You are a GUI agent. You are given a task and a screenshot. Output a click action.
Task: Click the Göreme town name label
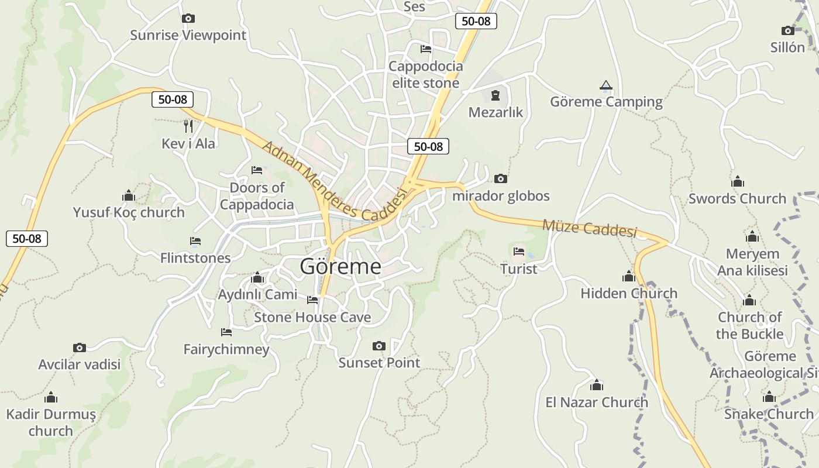click(x=340, y=267)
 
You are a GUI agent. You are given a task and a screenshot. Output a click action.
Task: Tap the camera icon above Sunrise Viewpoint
click(x=188, y=18)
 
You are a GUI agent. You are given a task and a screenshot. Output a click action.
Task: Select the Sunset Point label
click(x=379, y=363)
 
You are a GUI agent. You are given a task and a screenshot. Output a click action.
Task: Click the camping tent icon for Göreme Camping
click(x=606, y=85)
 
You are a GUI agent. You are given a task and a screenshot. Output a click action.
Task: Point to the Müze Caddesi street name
click(x=589, y=228)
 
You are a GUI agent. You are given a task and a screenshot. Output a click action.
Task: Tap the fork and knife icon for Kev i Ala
click(x=188, y=126)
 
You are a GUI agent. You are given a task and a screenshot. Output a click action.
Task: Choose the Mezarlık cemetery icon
click(x=495, y=95)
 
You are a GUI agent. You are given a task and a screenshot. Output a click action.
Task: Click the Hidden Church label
click(x=629, y=293)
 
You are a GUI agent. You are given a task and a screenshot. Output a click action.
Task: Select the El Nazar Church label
click(x=597, y=402)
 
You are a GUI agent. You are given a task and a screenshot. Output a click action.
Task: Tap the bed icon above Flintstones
click(x=195, y=241)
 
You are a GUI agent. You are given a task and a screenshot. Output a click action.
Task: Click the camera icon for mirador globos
click(x=500, y=179)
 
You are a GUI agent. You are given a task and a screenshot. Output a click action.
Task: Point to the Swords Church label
click(x=737, y=198)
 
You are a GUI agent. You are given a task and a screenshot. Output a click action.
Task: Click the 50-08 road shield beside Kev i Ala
click(x=173, y=99)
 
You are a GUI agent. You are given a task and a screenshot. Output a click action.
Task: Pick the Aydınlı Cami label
click(x=257, y=294)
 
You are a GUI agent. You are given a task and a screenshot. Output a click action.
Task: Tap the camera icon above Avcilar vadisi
click(x=80, y=348)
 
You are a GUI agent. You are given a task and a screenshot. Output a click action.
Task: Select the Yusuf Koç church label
click(x=129, y=212)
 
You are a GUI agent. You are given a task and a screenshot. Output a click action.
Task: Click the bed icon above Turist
click(x=519, y=252)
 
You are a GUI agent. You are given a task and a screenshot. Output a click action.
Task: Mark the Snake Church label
click(x=769, y=414)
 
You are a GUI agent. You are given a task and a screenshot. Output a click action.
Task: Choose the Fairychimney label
click(x=226, y=349)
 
